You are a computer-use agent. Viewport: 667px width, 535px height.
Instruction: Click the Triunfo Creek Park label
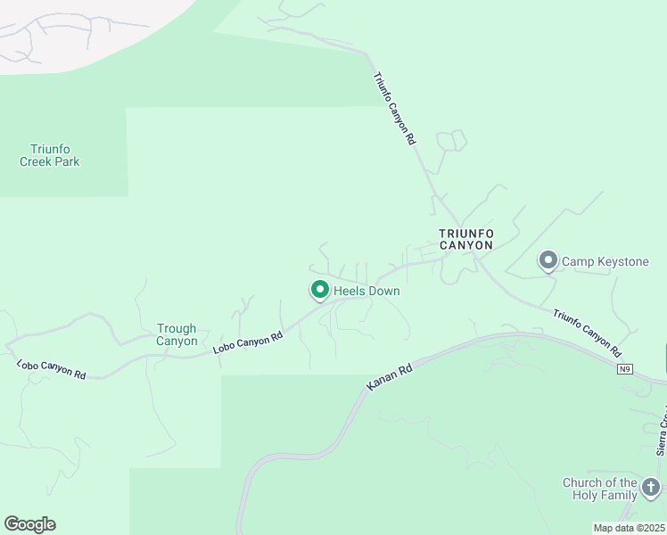(x=50, y=155)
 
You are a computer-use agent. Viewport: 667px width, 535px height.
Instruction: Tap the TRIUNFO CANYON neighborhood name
(x=465, y=239)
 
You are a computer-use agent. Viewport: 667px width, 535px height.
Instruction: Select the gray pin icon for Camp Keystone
(x=548, y=260)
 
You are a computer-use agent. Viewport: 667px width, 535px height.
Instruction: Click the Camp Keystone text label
(x=605, y=261)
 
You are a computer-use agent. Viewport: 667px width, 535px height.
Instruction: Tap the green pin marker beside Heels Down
(x=319, y=290)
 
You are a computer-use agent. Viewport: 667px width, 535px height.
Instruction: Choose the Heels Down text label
(x=366, y=292)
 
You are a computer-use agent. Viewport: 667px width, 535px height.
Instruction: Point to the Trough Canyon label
(x=177, y=334)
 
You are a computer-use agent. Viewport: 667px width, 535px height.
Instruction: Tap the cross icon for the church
(x=651, y=488)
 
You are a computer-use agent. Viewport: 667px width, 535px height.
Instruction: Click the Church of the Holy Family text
(x=599, y=489)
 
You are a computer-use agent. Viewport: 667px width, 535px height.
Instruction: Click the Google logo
(x=29, y=524)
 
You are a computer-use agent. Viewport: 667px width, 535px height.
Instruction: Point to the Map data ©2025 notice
(x=629, y=528)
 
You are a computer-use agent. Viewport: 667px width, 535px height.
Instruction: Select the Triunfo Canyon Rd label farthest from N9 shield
(x=393, y=109)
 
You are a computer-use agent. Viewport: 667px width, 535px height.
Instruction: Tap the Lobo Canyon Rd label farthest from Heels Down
(x=51, y=369)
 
